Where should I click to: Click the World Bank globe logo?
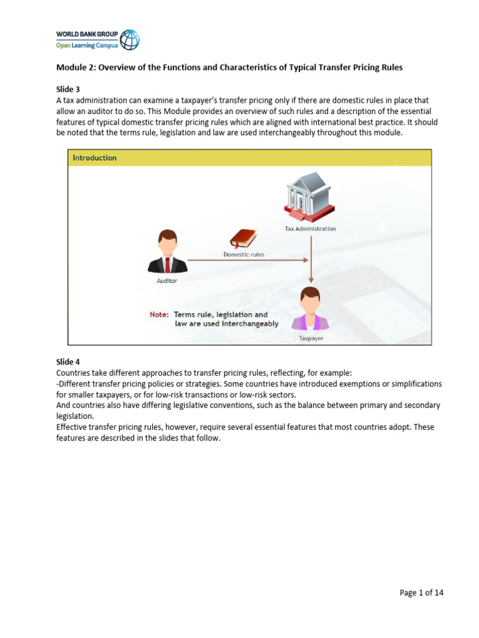tap(130, 39)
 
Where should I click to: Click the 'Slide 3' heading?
tap(68, 89)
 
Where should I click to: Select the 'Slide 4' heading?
tap(68, 362)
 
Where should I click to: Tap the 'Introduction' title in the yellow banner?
tap(95, 158)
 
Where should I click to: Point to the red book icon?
tap(243, 239)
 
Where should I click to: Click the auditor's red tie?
tap(167, 264)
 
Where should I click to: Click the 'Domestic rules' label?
tap(244, 254)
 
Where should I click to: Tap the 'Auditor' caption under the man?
tap(167, 281)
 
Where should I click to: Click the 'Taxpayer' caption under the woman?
tap(311, 338)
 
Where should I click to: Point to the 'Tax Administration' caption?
tap(310, 229)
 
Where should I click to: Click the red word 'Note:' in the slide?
tap(159, 315)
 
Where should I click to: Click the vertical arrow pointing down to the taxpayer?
tap(311, 259)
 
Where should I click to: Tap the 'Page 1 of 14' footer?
tap(422, 593)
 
